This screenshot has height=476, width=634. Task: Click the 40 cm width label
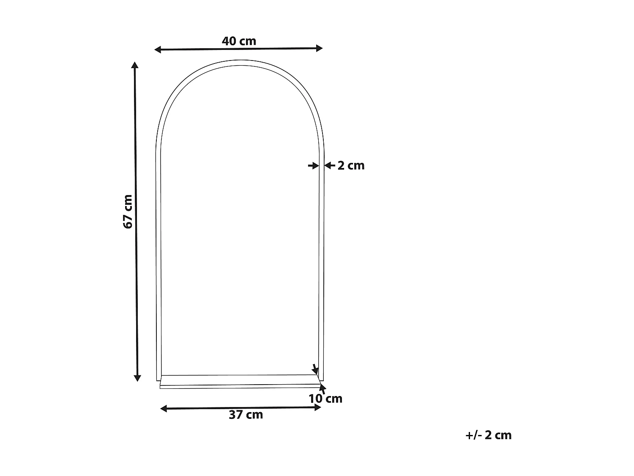(239, 41)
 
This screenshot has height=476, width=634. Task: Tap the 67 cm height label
(128, 211)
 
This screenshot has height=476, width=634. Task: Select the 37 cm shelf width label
(246, 415)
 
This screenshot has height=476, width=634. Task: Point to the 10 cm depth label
(325, 399)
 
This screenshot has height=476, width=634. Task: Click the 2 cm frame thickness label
(351, 165)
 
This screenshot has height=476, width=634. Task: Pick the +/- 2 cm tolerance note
(488, 435)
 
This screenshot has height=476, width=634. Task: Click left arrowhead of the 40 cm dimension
(158, 50)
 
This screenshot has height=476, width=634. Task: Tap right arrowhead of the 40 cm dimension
(319, 48)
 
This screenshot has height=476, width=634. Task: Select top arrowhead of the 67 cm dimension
(135, 65)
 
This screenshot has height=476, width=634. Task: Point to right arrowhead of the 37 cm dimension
(318, 407)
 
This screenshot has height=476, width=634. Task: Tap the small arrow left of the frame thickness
(313, 165)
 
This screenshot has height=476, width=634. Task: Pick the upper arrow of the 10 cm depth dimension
(314, 369)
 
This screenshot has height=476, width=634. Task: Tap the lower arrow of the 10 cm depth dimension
(322, 387)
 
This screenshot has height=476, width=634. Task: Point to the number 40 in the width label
(229, 41)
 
